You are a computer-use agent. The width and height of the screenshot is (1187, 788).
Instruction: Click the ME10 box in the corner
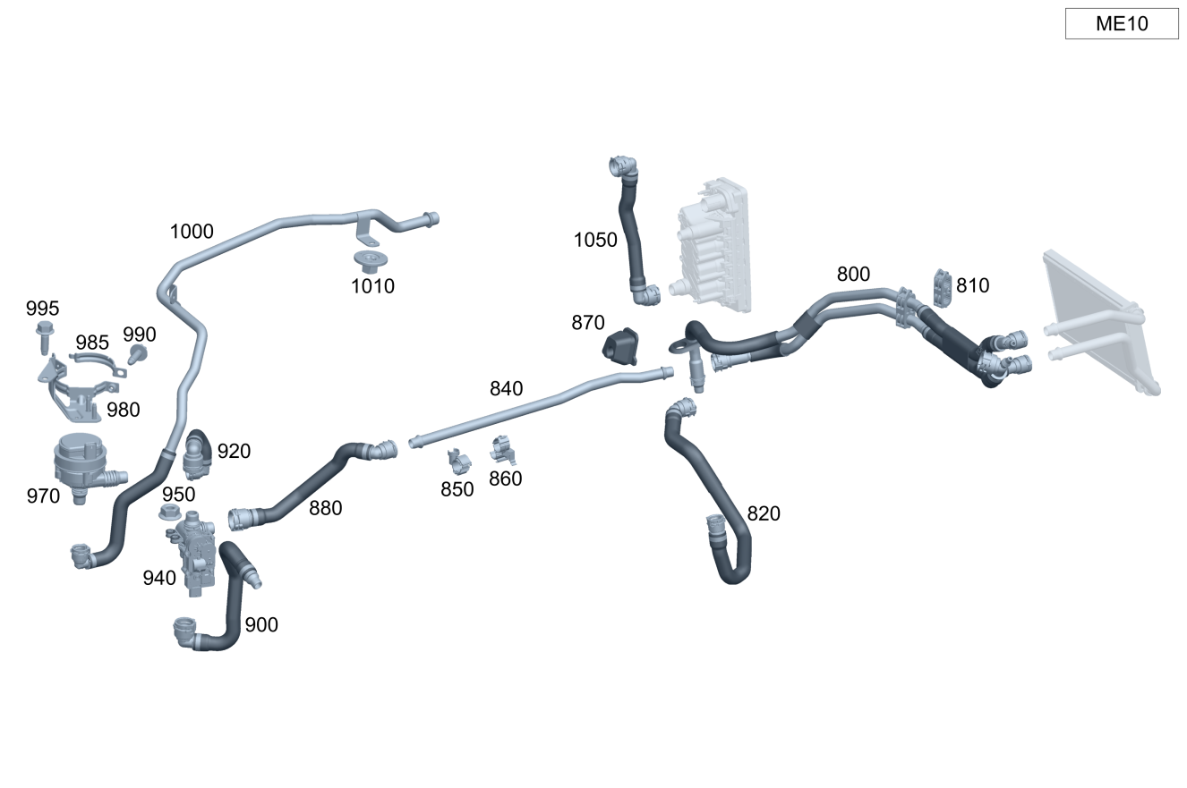(x=1121, y=24)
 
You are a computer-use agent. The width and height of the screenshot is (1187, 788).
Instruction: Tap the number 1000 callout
(x=192, y=232)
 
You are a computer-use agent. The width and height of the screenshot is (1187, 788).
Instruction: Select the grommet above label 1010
(x=369, y=261)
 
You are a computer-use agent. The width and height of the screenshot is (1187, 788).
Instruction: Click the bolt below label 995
(x=44, y=338)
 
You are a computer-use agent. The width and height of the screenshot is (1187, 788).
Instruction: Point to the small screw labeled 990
(x=137, y=354)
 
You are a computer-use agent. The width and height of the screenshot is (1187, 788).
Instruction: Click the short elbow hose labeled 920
(x=198, y=453)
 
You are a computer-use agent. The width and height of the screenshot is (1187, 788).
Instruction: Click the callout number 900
(x=261, y=625)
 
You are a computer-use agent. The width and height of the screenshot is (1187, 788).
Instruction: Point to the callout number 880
(x=325, y=508)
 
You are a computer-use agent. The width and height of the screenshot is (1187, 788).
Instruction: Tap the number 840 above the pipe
(x=506, y=389)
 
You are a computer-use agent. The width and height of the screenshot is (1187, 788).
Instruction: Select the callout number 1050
(x=595, y=241)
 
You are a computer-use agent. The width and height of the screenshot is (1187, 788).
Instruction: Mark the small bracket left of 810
(x=942, y=285)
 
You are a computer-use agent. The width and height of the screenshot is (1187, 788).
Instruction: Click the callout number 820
(x=764, y=513)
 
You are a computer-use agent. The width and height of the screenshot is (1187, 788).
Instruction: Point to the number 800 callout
(x=853, y=275)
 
